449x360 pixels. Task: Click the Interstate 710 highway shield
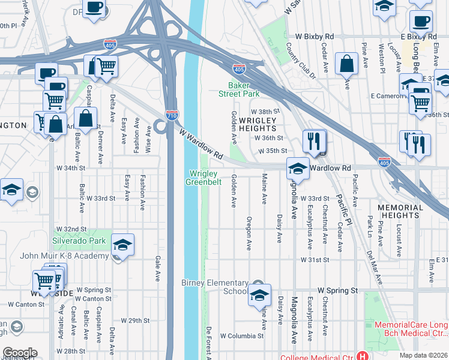pyautogui.click(x=172, y=115)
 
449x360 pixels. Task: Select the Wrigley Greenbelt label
pyautogui.click(x=202, y=178)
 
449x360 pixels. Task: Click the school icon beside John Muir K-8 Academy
pyautogui.click(x=122, y=245)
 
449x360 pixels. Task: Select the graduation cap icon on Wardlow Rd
pyautogui.click(x=298, y=170)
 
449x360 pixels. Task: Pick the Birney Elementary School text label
pyautogui.click(x=215, y=287)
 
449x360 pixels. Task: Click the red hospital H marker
pyautogui.click(x=362, y=355)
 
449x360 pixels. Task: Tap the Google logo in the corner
pyautogui.click(x=19, y=353)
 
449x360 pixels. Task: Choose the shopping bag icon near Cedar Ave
pyautogui.click(x=347, y=65)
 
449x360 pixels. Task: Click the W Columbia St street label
pyautogui.click(x=242, y=336)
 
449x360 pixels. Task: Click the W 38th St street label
pyautogui.click(x=266, y=112)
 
